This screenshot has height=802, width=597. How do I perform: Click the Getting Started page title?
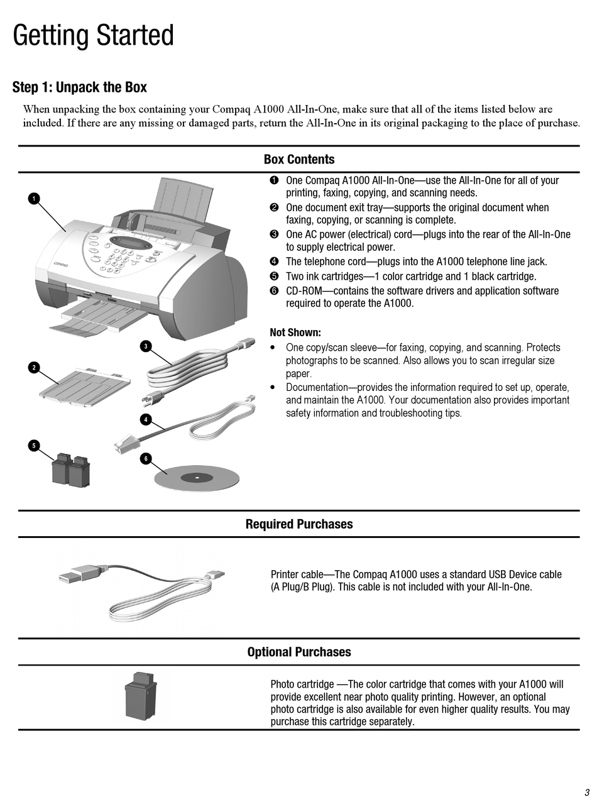pos(93,36)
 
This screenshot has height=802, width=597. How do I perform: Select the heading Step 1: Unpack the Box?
pos(80,87)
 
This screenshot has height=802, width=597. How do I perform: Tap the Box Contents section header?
pos(299,160)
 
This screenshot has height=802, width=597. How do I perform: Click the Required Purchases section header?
pos(299,524)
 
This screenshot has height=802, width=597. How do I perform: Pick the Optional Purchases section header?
pos(299,652)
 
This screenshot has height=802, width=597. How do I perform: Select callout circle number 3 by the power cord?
pos(146,346)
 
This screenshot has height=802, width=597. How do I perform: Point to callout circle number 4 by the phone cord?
pos(146,419)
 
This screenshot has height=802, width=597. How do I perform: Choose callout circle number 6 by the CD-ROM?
pos(146,459)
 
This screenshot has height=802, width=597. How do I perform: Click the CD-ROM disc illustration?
pos(197,478)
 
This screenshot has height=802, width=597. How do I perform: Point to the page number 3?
pos(586,792)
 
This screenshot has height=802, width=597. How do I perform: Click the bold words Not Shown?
pos(295,332)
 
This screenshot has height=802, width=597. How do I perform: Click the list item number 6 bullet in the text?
pos(274,291)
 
